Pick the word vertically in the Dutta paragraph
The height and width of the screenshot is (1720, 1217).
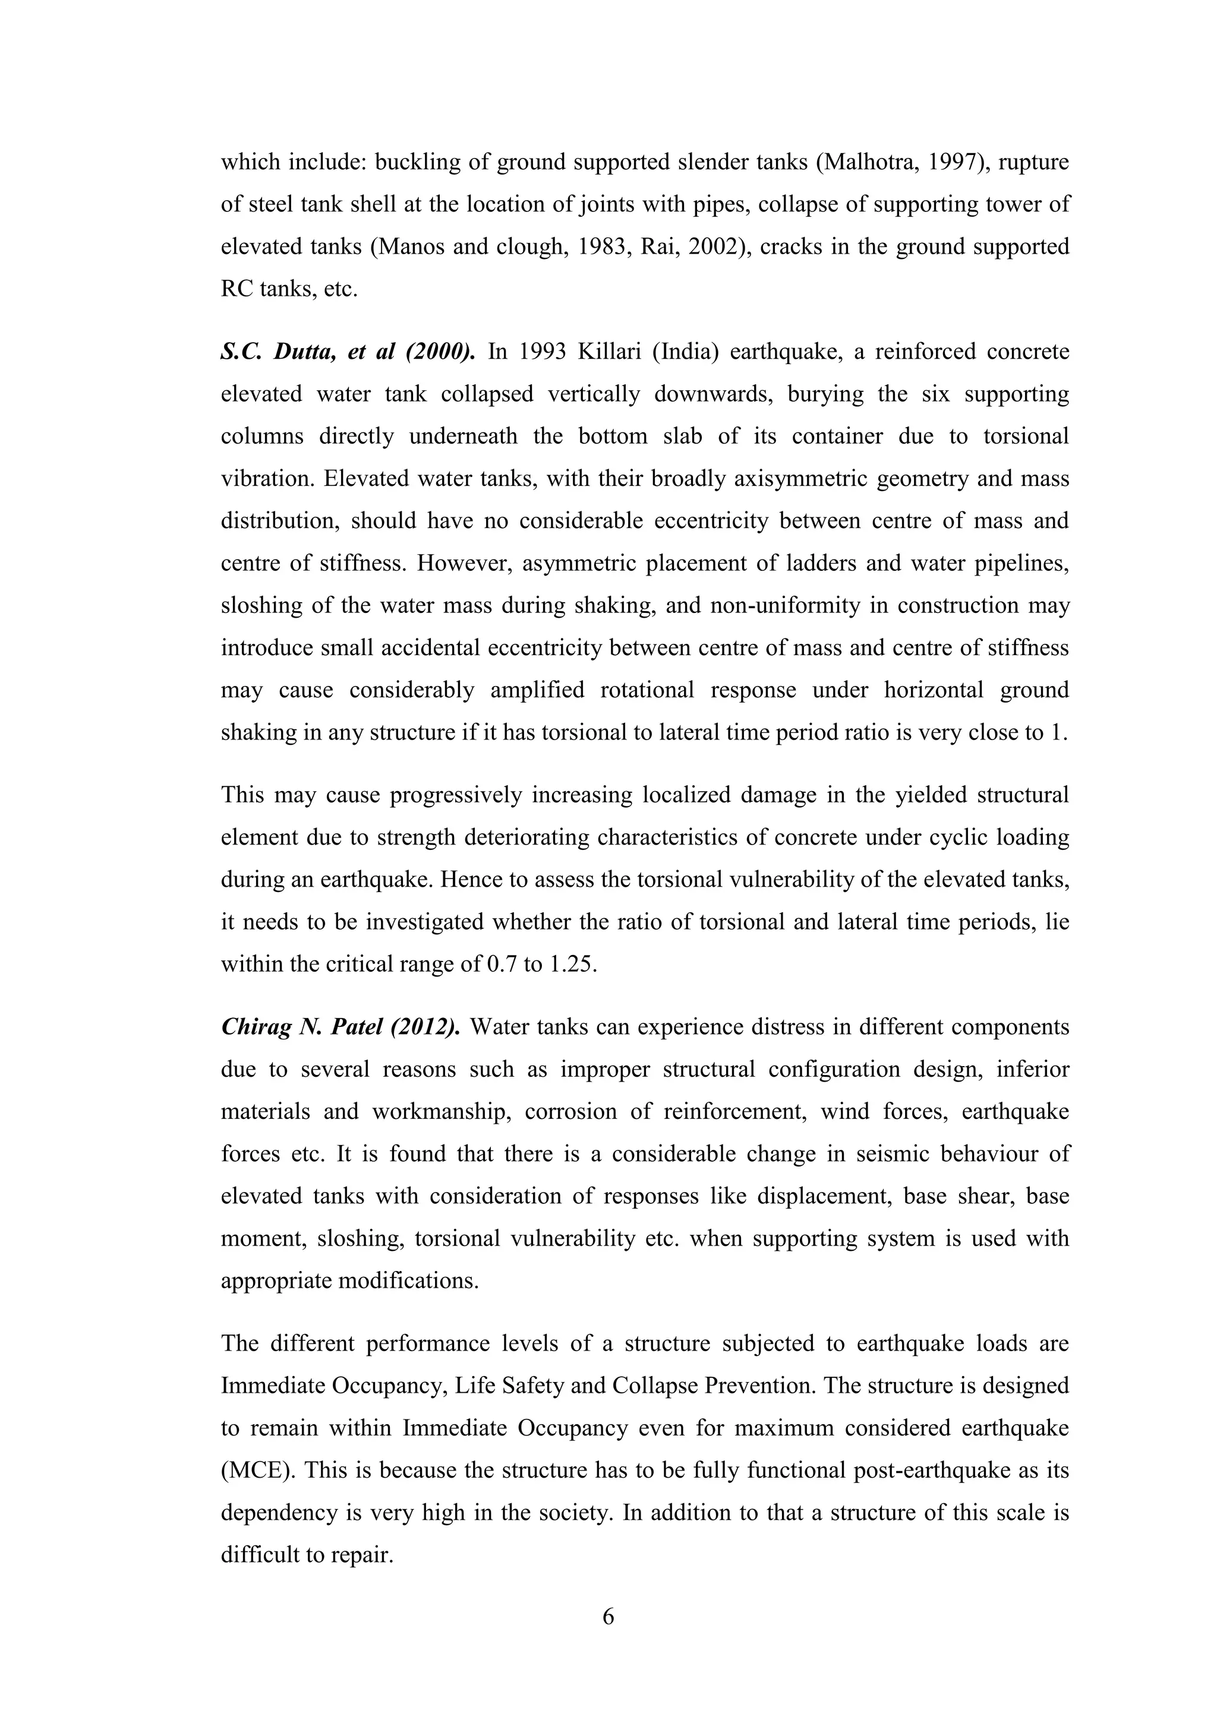pos(594,394)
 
